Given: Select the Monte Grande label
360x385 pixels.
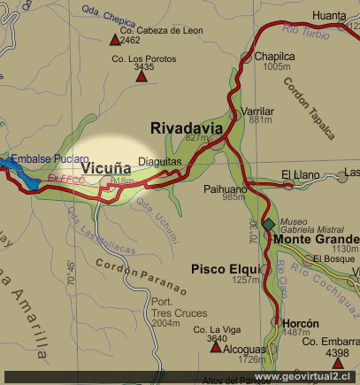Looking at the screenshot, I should pyautogui.click(x=316, y=239).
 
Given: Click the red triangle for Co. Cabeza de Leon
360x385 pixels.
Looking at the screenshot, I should pyautogui.click(x=114, y=40).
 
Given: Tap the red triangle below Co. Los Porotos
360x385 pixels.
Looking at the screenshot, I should pyautogui.click(x=141, y=76).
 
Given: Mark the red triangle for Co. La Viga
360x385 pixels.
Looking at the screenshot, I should pyautogui.click(x=215, y=347).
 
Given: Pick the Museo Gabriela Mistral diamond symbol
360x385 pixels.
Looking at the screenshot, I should pyautogui.click(x=269, y=224).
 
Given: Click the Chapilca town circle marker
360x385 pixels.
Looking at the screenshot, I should pyautogui.click(x=247, y=57).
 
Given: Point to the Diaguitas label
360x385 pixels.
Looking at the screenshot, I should pyautogui.click(x=160, y=163).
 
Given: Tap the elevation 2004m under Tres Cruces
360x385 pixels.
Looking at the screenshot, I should pyautogui.click(x=166, y=324).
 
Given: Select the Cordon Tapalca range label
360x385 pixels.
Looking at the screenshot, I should pyautogui.click(x=309, y=108).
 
